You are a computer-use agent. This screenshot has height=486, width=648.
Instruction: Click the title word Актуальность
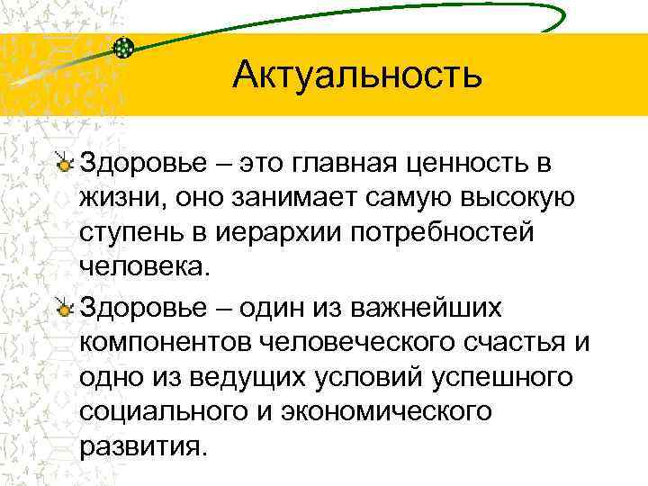tap(357, 75)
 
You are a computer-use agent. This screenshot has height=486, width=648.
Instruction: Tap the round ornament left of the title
tap(125, 46)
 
